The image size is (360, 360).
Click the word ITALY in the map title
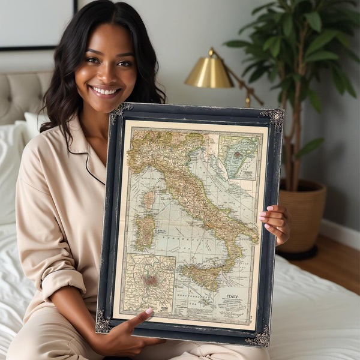[232, 296]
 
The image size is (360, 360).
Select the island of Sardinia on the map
[144, 232]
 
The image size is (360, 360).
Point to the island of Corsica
[148, 199]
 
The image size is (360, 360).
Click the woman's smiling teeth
[106, 91]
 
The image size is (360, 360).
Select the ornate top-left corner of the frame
[121, 112]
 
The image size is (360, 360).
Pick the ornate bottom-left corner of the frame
[103, 323]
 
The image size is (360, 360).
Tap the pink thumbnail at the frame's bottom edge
[148, 312]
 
